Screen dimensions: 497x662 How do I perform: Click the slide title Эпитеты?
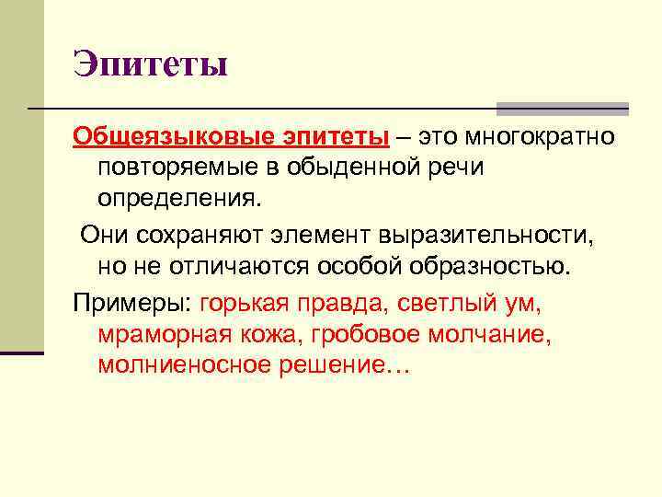[x=150, y=65]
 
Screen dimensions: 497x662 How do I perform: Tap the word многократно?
[x=539, y=137]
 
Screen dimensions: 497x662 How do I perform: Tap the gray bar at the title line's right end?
[x=563, y=108]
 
